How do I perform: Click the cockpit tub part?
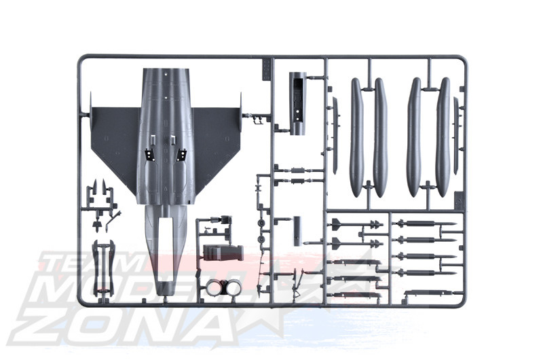(298, 103)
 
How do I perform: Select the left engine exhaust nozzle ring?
(214, 287)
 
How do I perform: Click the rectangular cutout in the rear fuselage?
(166, 249)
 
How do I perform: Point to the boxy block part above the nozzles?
(223, 253)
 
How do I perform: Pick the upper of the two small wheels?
(261, 223)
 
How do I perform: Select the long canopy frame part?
(103, 268)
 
